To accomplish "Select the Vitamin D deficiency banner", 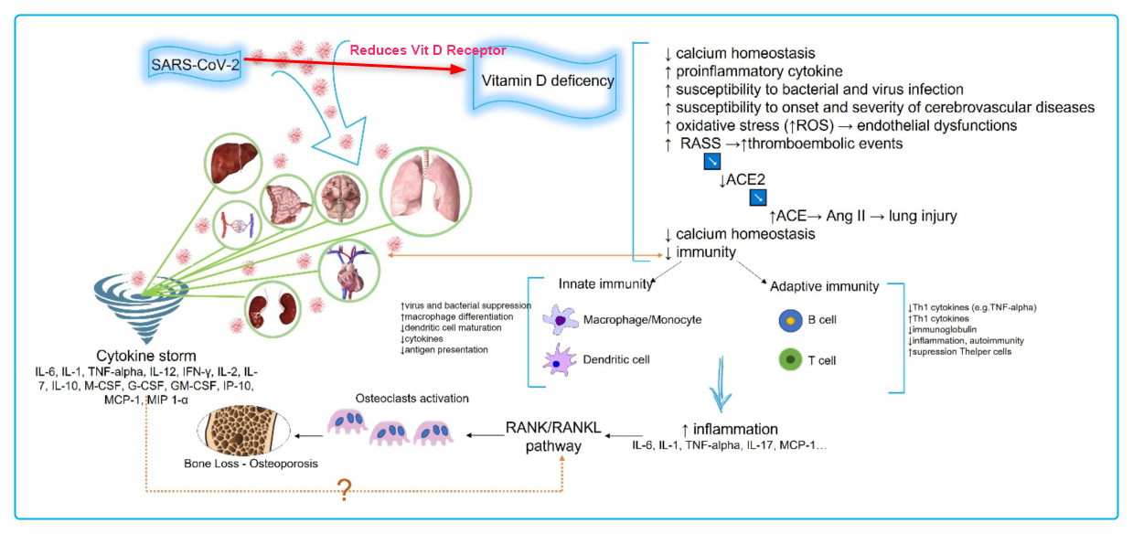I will pos(548,80).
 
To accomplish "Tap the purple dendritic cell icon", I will pos(560,360).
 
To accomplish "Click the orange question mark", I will pos(344,490).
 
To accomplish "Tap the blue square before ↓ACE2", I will pos(711,162).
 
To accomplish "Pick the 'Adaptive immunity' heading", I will pos(824,286).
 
